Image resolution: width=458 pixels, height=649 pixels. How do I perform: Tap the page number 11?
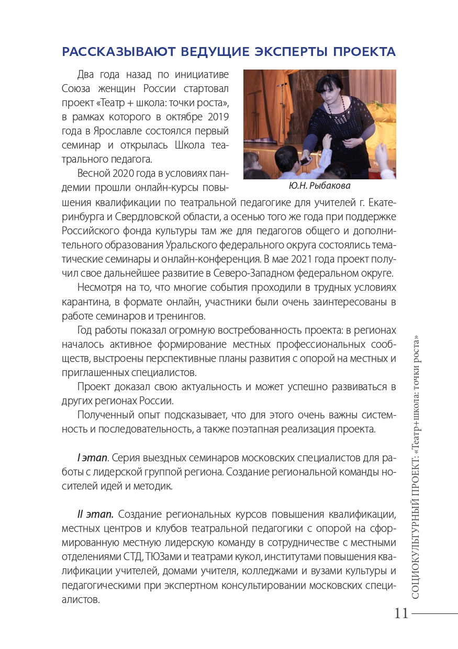(x=401, y=613)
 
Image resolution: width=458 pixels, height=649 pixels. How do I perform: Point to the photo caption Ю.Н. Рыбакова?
(x=319, y=186)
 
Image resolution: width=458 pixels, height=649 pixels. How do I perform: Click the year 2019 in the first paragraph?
(x=216, y=116)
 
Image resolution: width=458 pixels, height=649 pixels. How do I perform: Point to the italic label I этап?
(x=92, y=458)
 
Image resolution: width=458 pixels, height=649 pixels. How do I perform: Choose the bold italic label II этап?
(x=95, y=514)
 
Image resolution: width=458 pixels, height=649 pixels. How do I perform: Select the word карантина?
(x=85, y=302)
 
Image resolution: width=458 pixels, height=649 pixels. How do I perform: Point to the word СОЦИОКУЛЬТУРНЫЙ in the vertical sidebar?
(x=416, y=544)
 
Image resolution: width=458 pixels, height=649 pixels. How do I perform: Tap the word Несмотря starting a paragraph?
(x=99, y=288)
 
